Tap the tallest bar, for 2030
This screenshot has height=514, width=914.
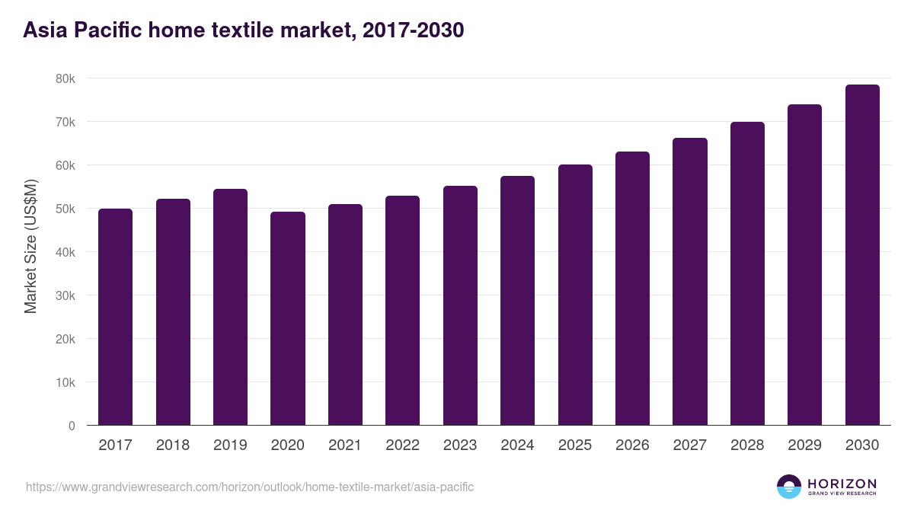point(862,255)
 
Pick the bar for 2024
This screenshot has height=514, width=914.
point(517,301)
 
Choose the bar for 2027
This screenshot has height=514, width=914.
point(690,282)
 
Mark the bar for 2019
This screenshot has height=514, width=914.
point(230,307)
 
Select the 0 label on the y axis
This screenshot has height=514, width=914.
point(72,426)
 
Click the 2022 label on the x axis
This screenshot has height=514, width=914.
point(402,445)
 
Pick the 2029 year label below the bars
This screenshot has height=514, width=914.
point(804,445)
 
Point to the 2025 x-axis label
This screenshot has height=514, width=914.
point(574,445)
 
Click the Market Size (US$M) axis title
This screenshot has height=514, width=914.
point(30,246)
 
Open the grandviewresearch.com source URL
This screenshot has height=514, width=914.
point(250,487)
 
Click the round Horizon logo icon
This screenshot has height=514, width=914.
point(789,487)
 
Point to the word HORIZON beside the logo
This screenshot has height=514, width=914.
point(842,483)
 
